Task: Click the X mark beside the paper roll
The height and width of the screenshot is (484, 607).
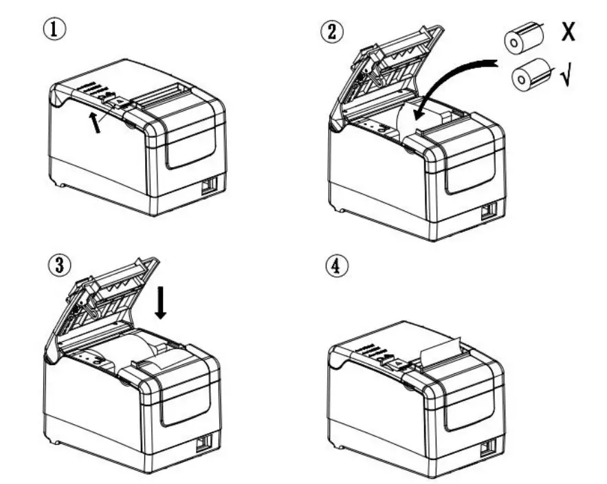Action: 568,32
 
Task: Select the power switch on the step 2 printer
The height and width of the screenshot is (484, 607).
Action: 489,212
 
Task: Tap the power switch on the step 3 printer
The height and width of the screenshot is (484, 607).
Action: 204,444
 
